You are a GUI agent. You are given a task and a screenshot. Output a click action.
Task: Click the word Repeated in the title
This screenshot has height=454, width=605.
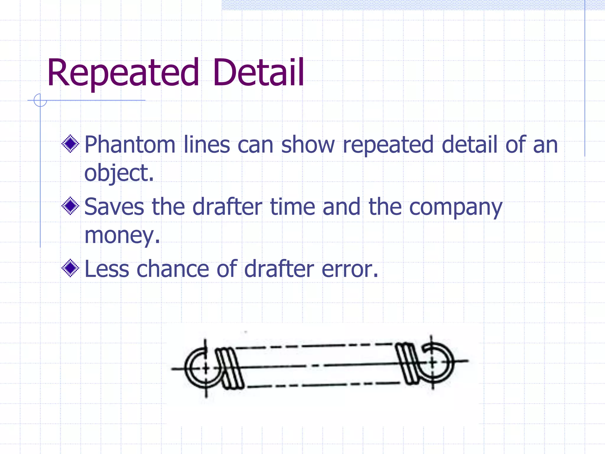point(123,73)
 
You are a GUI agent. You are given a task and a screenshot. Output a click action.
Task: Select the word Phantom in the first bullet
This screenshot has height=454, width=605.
point(130,145)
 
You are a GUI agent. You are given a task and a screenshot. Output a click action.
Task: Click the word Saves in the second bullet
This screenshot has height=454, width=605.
point(114,207)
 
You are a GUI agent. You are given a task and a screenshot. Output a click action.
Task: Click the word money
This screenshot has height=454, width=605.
point(122,236)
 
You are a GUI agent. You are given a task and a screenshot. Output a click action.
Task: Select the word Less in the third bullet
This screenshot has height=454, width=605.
point(107,269)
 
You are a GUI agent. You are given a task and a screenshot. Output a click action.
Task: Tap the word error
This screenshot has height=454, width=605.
point(350,269)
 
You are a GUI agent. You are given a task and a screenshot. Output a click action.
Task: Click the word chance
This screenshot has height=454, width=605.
point(173,269)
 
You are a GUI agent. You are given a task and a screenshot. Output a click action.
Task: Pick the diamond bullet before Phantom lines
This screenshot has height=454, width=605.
point(70,144)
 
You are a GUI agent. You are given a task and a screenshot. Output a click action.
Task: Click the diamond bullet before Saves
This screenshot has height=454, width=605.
point(70,206)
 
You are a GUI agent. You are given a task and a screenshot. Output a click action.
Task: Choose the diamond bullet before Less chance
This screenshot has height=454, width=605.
point(70,268)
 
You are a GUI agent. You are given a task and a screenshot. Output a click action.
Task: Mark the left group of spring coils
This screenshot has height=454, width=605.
point(229,368)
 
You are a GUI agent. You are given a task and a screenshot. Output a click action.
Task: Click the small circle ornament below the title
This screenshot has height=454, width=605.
point(40,100)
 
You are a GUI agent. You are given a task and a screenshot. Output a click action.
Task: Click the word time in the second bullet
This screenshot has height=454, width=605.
point(292,207)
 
